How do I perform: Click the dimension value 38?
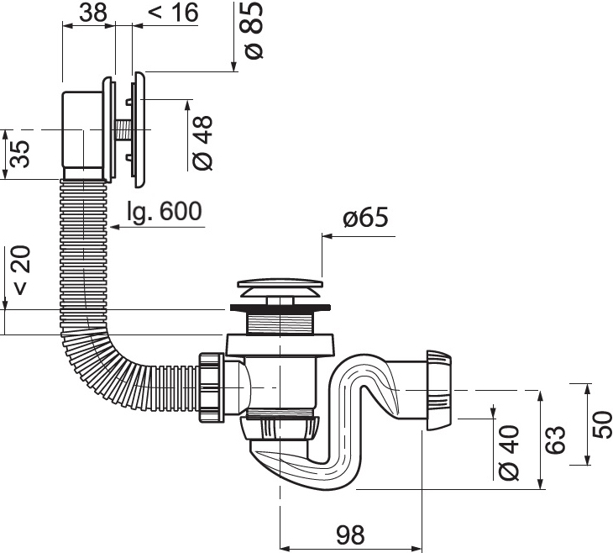[x=93, y=12]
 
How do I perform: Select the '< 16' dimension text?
[x=173, y=12]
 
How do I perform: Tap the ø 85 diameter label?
[x=254, y=30]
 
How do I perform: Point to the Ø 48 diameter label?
[x=203, y=143]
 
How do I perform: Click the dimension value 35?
[x=20, y=154]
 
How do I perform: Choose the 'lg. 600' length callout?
[x=165, y=212]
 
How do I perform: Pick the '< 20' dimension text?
[x=22, y=271]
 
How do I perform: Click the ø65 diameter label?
[x=366, y=218]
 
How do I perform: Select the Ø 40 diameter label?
[x=509, y=453]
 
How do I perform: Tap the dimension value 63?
[x=556, y=440]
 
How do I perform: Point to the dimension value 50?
[x=601, y=424]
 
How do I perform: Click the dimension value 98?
[x=350, y=535]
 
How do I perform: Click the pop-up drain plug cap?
[x=280, y=287]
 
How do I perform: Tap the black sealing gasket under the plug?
[x=280, y=308]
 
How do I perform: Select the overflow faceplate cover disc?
[x=139, y=129]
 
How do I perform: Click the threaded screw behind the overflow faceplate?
[x=123, y=129]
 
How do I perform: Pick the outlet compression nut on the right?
[x=440, y=391]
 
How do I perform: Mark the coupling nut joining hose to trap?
[x=212, y=387]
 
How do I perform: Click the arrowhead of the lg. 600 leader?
[x=113, y=227]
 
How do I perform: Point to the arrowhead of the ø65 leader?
[x=327, y=236]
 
